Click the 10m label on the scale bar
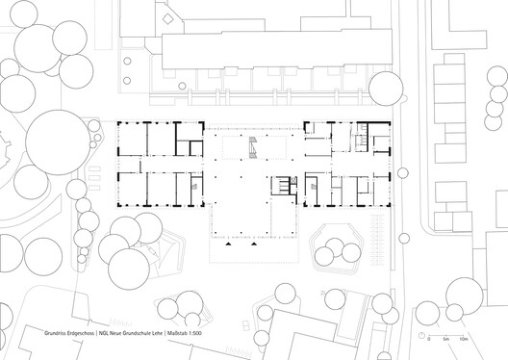coord(464,341)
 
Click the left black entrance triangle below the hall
coord(222,244)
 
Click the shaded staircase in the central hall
coord(252,147)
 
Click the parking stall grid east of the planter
coord(382,231)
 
